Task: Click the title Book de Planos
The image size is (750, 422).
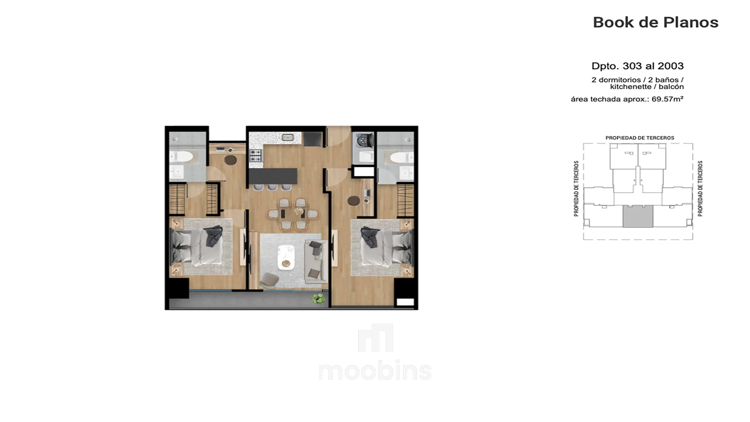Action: click(655, 22)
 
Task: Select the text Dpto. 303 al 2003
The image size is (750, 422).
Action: click(637, 66)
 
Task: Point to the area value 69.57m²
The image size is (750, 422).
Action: click(667, 99)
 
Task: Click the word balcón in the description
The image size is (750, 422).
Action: click(671, 87)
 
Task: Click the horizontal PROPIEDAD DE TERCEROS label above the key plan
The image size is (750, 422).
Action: click(640, 138)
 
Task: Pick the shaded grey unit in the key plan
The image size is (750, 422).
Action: click(637, 216)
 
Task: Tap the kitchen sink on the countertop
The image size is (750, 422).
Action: click(288, 137)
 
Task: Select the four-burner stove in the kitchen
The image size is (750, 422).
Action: click(255, 155)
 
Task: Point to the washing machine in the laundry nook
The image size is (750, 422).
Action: click(364, 140)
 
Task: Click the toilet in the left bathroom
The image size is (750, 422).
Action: click(182, 157)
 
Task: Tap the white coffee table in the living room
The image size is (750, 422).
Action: click(286, 257)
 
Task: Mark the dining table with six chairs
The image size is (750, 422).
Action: click(293, 214)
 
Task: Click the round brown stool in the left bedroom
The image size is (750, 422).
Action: click(230, 160)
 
